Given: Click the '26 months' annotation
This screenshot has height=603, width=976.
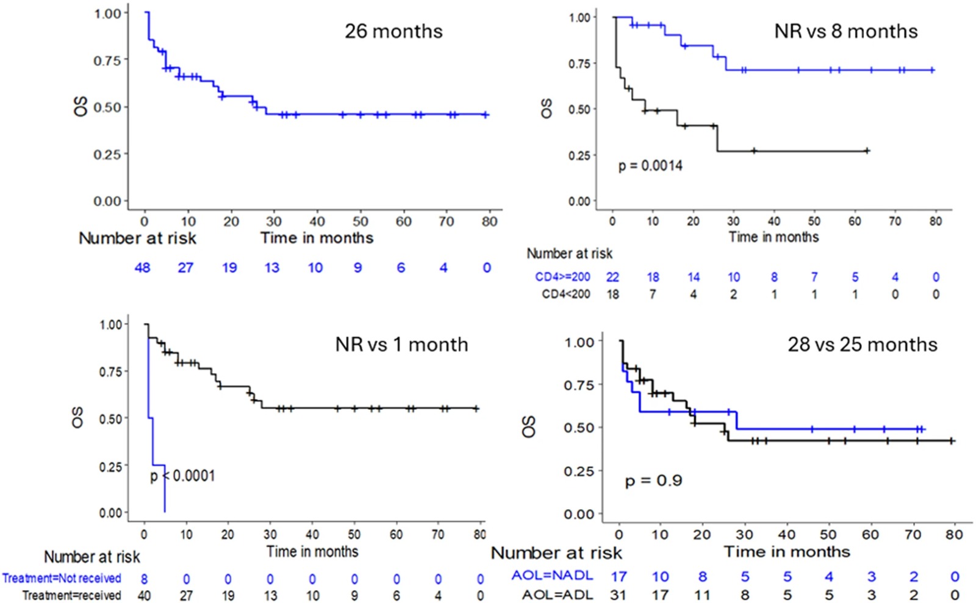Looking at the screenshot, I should tap(393, 31).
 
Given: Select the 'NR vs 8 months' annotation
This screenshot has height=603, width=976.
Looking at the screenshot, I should tap(845, 31).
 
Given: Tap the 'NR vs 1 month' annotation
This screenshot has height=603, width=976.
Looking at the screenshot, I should tap(401, 344).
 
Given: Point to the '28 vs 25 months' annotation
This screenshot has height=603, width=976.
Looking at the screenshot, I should tap(862, 344).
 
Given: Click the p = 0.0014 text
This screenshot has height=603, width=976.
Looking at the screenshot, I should tap(650, 166).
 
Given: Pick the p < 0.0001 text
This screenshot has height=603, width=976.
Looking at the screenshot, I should tap(183, 476).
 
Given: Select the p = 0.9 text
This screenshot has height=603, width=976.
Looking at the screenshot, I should tap(653, 481).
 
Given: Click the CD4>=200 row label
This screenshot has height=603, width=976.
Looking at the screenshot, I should tap(562, 277).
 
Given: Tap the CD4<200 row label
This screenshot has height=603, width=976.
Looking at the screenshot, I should tap(565, 294).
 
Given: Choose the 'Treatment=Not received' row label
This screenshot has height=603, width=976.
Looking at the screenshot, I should tap(62, 578).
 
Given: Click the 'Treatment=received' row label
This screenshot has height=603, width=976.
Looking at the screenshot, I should tap(71, 595).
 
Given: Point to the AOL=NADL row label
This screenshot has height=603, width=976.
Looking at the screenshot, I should tap(551, 576).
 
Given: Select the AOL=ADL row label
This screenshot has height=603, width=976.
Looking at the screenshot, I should tap(557, 594).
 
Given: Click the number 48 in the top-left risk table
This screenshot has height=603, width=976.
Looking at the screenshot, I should tap(142, 268).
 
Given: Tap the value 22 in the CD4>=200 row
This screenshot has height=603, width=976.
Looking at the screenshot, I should tap(612, 277).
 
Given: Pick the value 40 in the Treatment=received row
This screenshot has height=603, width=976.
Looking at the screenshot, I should tap(144, 595).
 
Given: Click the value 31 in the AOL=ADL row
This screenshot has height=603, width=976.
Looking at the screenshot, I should tap(619, 594).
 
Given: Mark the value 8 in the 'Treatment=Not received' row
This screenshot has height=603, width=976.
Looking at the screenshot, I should tap(144, 579).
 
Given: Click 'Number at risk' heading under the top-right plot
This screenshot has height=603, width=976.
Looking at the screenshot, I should tap(569, 254).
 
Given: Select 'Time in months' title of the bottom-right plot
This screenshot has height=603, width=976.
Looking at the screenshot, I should tap(786, 552).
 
